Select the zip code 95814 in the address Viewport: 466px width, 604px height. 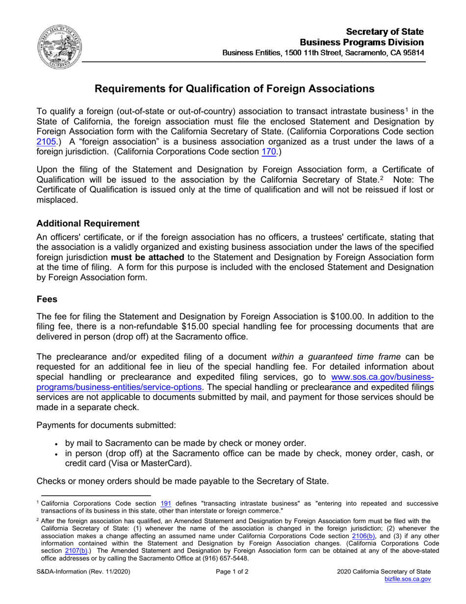pyautogui.click(x=413, y=53)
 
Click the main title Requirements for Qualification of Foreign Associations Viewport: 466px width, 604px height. pyautogui.click(x=234, y=89)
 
